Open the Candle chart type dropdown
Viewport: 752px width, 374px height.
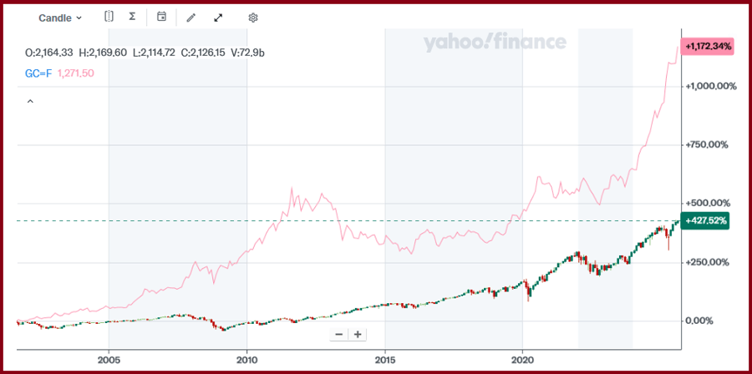[x=60, y=18]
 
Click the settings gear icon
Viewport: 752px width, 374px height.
[x=253, y=18]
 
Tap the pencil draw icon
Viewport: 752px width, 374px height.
[x=191, y=18]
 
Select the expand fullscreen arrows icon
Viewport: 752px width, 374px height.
[x=219, y=18]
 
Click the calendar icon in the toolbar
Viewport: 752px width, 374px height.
[x=162, y=17]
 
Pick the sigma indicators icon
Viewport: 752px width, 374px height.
[x=133, y=17]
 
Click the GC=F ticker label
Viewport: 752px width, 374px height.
[x=38, y=73]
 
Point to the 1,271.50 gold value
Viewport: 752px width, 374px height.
[x=75, y=73]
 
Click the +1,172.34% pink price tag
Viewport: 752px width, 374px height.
[x=708, y=47]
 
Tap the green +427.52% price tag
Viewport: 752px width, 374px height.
[x=705, y=221]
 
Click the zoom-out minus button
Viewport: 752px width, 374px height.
[x=338, y=334]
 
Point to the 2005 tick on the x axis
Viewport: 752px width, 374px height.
[x=109, y=361]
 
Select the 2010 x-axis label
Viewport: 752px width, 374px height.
[x=246, y=361]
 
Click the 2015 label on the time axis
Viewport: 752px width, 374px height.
[x=384, y=361]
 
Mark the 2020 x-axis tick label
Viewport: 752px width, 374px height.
[x=522, y=361]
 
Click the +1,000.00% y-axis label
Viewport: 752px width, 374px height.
[x=711, y=86]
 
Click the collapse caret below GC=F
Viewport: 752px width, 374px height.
[x=30, y=101]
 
